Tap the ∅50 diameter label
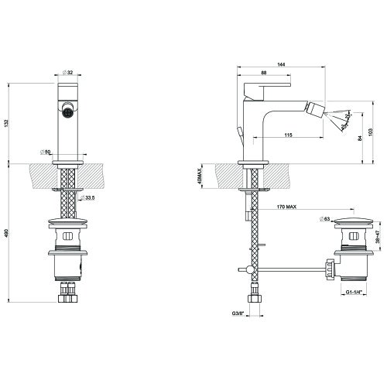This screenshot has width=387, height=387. tap(46, 152)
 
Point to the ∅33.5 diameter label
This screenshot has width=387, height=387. tap(91, 199)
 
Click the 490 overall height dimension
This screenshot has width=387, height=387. tap(6, 233)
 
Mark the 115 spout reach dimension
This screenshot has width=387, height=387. tap(287, 136)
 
